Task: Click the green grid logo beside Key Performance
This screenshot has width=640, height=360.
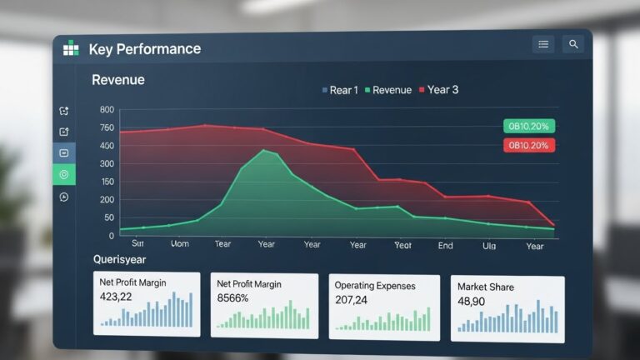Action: click(71, 49)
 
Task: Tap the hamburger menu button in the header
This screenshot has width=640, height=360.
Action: click(543, 44)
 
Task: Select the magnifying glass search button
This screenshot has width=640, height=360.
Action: click(572, 44)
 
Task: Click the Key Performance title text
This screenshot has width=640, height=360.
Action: click(144, 49)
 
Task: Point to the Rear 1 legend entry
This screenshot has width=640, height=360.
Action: click(340, 90)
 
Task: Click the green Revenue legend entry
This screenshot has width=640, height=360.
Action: click(387, 90)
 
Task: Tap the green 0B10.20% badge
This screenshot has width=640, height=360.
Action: click(529, 126)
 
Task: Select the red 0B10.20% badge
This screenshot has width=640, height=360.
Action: click(529, 145)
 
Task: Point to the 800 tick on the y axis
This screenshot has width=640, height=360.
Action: click(107, 110)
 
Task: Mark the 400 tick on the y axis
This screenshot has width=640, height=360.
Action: click(107, 146)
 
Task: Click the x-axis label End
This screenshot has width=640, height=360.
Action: click(446, 245)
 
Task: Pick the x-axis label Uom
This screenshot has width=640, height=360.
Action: click(179, 244)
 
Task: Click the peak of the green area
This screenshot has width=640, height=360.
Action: click(264, 150)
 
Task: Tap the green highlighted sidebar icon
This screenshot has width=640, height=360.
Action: click(64, 174)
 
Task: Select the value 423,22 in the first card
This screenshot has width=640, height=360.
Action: click(115, 297)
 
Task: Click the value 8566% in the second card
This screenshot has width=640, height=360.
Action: click(232, 297)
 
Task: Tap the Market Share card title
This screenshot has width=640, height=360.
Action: click(486, 287)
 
